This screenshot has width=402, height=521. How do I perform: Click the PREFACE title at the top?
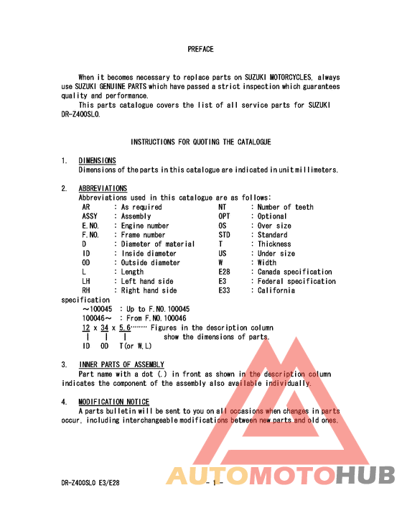200,50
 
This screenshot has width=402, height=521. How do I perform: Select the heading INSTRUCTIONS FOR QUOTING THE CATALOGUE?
200,142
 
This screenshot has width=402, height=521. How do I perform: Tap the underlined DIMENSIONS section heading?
97,161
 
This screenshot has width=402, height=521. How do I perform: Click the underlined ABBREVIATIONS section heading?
103,189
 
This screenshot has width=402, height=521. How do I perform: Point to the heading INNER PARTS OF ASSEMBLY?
121,365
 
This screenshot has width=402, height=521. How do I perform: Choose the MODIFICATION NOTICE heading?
114,402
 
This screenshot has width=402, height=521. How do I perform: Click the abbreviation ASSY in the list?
90,216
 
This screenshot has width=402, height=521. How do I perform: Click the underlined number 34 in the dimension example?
104,328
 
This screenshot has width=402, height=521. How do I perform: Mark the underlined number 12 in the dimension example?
85,328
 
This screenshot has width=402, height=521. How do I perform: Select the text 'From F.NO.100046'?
156,318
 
